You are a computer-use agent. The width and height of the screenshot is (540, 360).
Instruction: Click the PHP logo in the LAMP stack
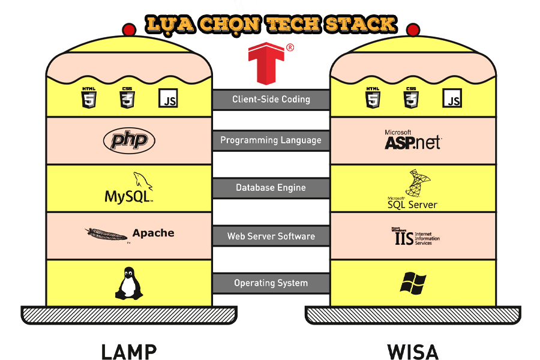click(x=129, y=141)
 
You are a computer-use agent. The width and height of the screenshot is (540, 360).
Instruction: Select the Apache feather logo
click(x=107, y=234)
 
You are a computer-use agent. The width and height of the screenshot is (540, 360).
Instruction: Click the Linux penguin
click(x=129, y=284)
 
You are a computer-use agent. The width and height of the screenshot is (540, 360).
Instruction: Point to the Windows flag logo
click(x=413, y=282)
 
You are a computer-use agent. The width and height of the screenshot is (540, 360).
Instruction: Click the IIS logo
click(x=413, y=235)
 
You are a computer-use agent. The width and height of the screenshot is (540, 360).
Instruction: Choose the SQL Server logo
click(x=413, y=190)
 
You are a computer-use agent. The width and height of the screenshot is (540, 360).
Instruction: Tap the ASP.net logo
click(x=413, y=140)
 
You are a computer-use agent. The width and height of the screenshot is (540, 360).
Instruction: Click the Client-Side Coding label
click(x=271, y=100)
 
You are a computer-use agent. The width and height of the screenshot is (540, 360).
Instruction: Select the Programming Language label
click(x=271, y=140)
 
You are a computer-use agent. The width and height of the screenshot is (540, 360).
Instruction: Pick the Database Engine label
click(x=271, y=188)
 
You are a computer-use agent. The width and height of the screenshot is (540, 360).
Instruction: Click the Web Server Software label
click(x=271, y=236)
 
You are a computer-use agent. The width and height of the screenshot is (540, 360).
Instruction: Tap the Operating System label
click(x=271, y=283)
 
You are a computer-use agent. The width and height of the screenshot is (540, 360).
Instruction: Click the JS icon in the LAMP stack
click(x=169, y=98)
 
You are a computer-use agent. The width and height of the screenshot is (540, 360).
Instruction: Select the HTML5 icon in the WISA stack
click(x=373, y=97)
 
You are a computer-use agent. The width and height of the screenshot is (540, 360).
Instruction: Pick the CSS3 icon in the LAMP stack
click(x=127, y=97)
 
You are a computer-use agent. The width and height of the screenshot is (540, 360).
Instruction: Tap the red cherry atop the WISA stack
click(x=413, y=29)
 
